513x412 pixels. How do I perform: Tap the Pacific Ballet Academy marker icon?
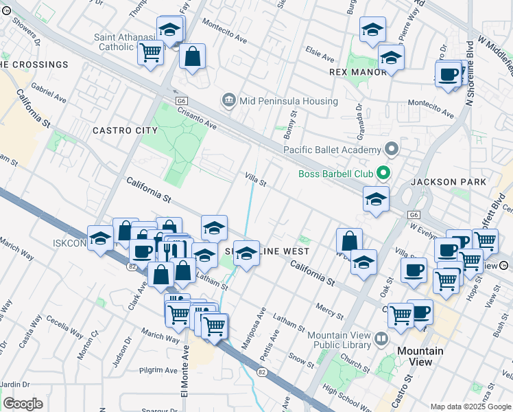click(x=392, y=149)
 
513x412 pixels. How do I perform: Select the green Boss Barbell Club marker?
click(x=384, y=173)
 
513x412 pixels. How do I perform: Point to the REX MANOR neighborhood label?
click(x=356, y=71)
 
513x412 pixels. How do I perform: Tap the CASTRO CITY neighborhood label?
click(x=125, y=130)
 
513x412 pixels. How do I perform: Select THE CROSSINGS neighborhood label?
click(x=34, y=65)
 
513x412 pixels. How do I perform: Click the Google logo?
click(x=23, y=404)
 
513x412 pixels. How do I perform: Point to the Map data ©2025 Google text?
click(x=470, y=406)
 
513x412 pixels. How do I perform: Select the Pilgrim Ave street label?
click(x=158, y=371)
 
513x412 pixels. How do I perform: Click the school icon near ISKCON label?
click(x=101, y=238)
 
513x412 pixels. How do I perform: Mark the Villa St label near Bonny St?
click(x=255, y=179)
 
